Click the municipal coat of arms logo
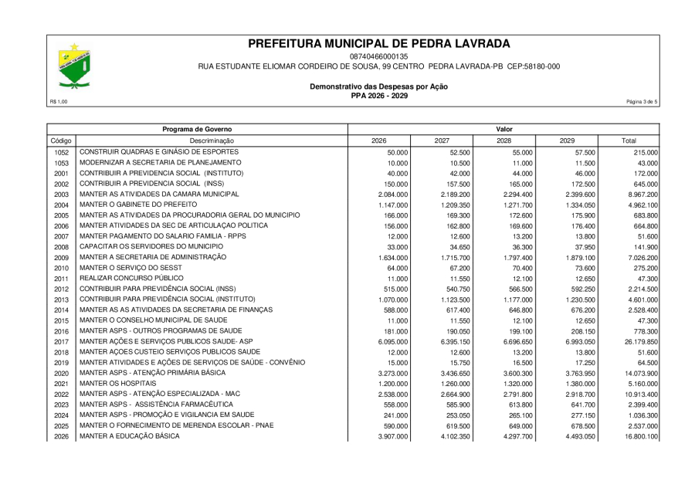pos(75,67)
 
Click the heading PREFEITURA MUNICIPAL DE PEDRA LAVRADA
pos(379,44)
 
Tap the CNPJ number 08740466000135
pos(378,56)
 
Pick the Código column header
pos(61,141)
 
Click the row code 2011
pos(62,278)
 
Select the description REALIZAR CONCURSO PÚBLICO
pos(132,277)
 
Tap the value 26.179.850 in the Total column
pos(638,341)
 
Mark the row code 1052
pos(62,153)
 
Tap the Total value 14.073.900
pos(638,373)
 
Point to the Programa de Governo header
pos(197,128)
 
